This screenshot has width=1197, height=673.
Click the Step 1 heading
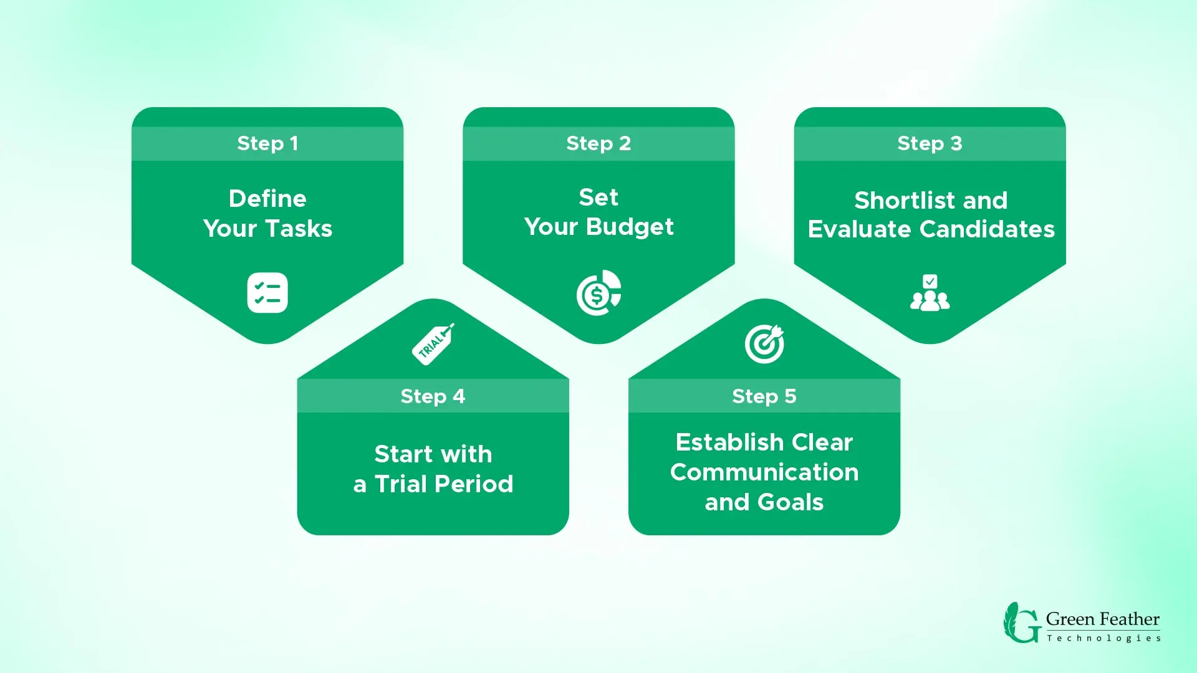click(267, 143)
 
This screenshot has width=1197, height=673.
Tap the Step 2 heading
click(598, 143)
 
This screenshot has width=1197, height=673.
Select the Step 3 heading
click(930, 143)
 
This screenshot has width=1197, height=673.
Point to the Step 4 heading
click(433, 396)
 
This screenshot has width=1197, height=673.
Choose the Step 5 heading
click(764, 396)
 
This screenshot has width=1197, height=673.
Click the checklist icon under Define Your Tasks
click(267, 293)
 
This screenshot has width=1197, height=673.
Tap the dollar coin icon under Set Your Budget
click(598, 293)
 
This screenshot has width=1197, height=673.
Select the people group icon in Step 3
click(930, 293)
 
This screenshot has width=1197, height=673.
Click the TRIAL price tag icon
click(433, 344)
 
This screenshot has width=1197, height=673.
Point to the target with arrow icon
click(764, 344)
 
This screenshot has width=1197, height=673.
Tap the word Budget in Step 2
click(630, 227)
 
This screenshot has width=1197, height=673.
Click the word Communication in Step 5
click(764, 472)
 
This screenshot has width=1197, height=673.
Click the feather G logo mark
click(1022, 623)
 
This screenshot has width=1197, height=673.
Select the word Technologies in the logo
click(1103, 638)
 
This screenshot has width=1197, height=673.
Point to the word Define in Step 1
click(267, 199)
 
